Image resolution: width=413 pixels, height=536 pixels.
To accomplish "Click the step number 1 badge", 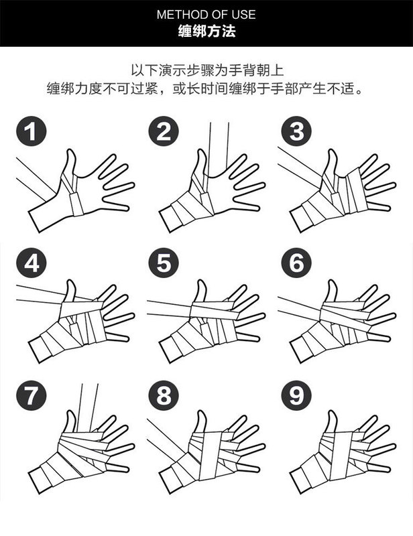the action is (31, 131).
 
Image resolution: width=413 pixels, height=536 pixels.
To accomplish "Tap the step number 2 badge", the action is (164, 131).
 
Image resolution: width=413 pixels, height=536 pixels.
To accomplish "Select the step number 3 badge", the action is (296, 131).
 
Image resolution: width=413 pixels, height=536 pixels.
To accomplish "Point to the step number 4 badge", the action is (31, 263).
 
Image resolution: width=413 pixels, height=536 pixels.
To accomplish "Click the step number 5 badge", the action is (164, 263).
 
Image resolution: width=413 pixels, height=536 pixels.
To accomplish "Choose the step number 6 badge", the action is (296, 263).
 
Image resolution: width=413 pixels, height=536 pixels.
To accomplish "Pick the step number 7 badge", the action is (31, 395).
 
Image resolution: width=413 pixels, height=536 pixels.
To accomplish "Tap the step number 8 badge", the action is (164, 395).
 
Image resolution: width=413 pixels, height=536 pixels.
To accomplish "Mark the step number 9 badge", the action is (296, 395).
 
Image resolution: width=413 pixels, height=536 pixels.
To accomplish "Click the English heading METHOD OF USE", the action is (206, 15).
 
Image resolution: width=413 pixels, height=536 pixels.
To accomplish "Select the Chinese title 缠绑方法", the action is (206, 31).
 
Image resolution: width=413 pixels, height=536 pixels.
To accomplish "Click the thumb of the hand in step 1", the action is (70, 162).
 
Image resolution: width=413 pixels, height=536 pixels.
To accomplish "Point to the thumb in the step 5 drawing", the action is (201, 291).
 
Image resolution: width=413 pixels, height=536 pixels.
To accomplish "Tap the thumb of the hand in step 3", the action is (332, 162).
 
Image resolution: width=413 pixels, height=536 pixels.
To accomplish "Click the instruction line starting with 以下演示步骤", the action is (207, 70).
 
